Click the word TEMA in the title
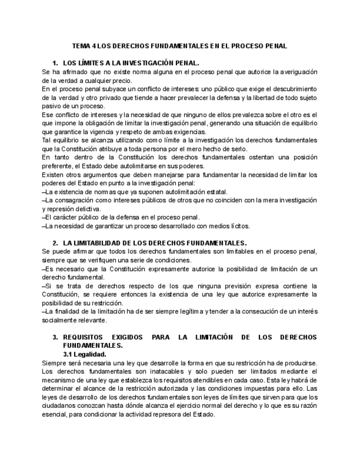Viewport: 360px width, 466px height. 81,46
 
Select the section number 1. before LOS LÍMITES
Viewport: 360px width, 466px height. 55,63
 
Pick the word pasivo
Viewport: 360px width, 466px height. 52,106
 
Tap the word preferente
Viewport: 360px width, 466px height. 58,167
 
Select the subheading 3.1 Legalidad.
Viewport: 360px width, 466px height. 85,354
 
